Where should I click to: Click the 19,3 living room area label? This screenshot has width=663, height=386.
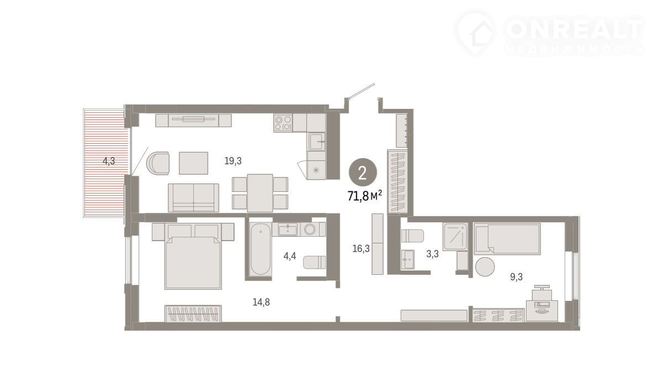click(x=233, y=161)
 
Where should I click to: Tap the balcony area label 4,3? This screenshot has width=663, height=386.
click(x=109, y=161)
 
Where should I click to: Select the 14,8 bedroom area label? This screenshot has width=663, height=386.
click(x=261, y=302)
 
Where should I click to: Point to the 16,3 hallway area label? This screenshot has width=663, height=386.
click(x=361, y=248)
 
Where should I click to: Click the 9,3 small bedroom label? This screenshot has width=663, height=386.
click(x=516, y=277)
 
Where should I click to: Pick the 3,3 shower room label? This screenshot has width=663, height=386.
click(x=433, y=254)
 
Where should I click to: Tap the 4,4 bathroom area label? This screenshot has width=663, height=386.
click(x=290, y=255)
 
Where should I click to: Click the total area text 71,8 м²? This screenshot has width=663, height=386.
click(x=365, y=196)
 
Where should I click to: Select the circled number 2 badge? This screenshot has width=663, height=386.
click(x=362, y=173)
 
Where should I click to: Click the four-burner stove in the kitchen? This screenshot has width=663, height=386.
click(x=283, y=123)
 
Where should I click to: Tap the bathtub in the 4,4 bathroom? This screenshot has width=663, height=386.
click(x=260, y=249)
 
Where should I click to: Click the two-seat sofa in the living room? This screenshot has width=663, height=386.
click(x=193, y=197)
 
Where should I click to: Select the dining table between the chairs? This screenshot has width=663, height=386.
click(x=260, y=193)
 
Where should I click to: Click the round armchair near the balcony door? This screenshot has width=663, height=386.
click(x=159, y=163)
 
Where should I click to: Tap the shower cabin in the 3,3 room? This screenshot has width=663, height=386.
click(x=455, y=236)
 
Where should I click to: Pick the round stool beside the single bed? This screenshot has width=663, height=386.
click(x=485, y=267)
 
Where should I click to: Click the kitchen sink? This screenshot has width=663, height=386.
click(x=317, y=142)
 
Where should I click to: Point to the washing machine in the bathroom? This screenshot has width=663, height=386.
click(x=310, y=229)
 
